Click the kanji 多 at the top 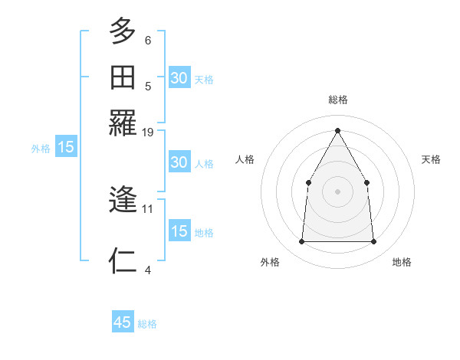[123, 31]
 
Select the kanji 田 [123, 77]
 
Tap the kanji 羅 [123, 123]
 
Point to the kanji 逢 [123, 201]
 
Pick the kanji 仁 [123, 261]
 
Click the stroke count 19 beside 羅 [148, 133]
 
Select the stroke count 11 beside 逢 [148, 208]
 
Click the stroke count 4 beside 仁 [148, 270]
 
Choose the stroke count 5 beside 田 [148, 86]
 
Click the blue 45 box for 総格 [123, 322]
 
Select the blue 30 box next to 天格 [179, 78]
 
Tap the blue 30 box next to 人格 [179, 162]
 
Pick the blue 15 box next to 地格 [179, 231]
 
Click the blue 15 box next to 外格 [66, 147]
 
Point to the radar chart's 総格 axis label [338, 100]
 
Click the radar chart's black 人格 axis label [245, 159]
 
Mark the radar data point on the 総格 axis [337, 130]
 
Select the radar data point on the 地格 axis [373, 242]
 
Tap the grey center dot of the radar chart [337, 191]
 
